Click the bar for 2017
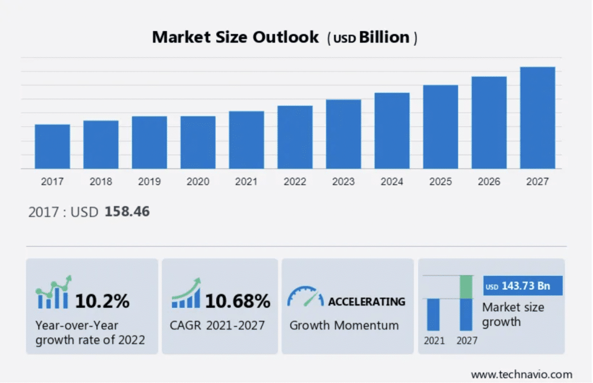click(52, 146)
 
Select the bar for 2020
click(198, 142)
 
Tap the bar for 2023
click(343, 134)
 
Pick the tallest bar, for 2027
click(537, 118)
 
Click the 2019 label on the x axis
click(149, 182)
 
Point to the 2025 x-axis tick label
click(441, 182)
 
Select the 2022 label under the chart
click(295, 182)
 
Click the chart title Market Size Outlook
click(235, 38)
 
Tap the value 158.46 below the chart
click(127, 212)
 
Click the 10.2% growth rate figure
click(103, 301)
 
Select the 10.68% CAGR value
click(238, 301)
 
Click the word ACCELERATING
click(367, 301)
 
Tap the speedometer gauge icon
click(305, 296)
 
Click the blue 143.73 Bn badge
click(523, 286)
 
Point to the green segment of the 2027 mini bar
click(466, 287)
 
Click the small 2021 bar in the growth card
click(433, 314)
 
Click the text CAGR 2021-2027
click(217, 325)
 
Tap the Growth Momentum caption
click(344, 325)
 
